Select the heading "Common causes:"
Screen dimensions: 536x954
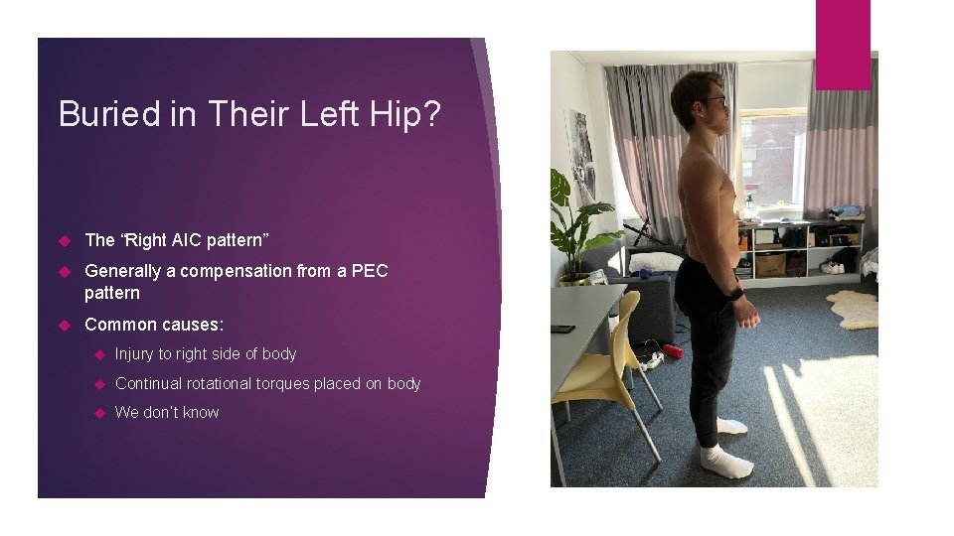tap(154, 324)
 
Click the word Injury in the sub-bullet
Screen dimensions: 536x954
tap(134, 354)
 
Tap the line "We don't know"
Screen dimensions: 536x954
tap(167, 412)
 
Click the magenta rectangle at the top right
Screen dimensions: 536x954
tap(843, 44)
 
